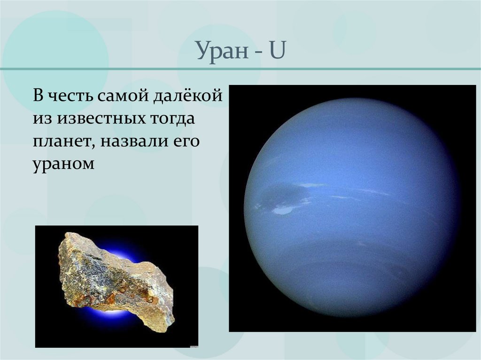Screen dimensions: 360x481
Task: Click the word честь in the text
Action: (x=70, y=97)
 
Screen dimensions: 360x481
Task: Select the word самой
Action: (x=123, y=97)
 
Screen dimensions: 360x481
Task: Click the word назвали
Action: (x=131, y=141)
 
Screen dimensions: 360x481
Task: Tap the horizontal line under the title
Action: (x=240, y=69)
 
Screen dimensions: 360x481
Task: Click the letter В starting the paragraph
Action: (x=38, y=97)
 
